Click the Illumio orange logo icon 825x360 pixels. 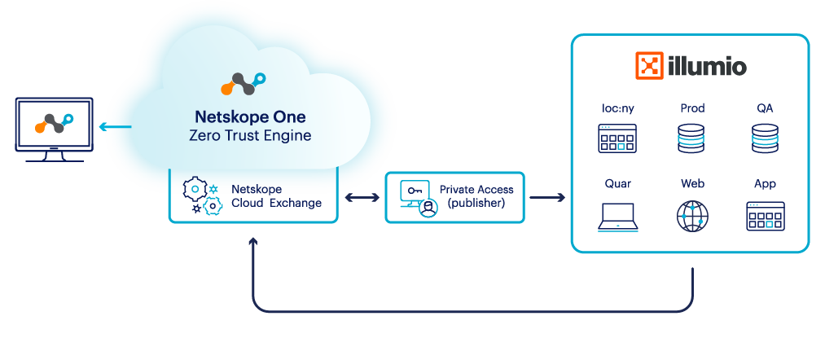(x=649, y=66)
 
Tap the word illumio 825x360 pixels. (x=705, y=66)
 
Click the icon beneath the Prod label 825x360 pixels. (x=691, y=138)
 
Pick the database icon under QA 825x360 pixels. (x=765, y=138)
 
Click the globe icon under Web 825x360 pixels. (x=692, y=215)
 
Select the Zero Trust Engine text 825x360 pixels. (x=250, y=135)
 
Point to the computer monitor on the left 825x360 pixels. (x=54, y=129)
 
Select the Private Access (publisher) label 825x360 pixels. (x=476, y=195)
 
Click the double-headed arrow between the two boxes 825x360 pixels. (x=361, y=197)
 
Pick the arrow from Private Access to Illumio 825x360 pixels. (x=547, y=197)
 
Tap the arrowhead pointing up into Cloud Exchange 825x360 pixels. (x=252, y=242)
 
